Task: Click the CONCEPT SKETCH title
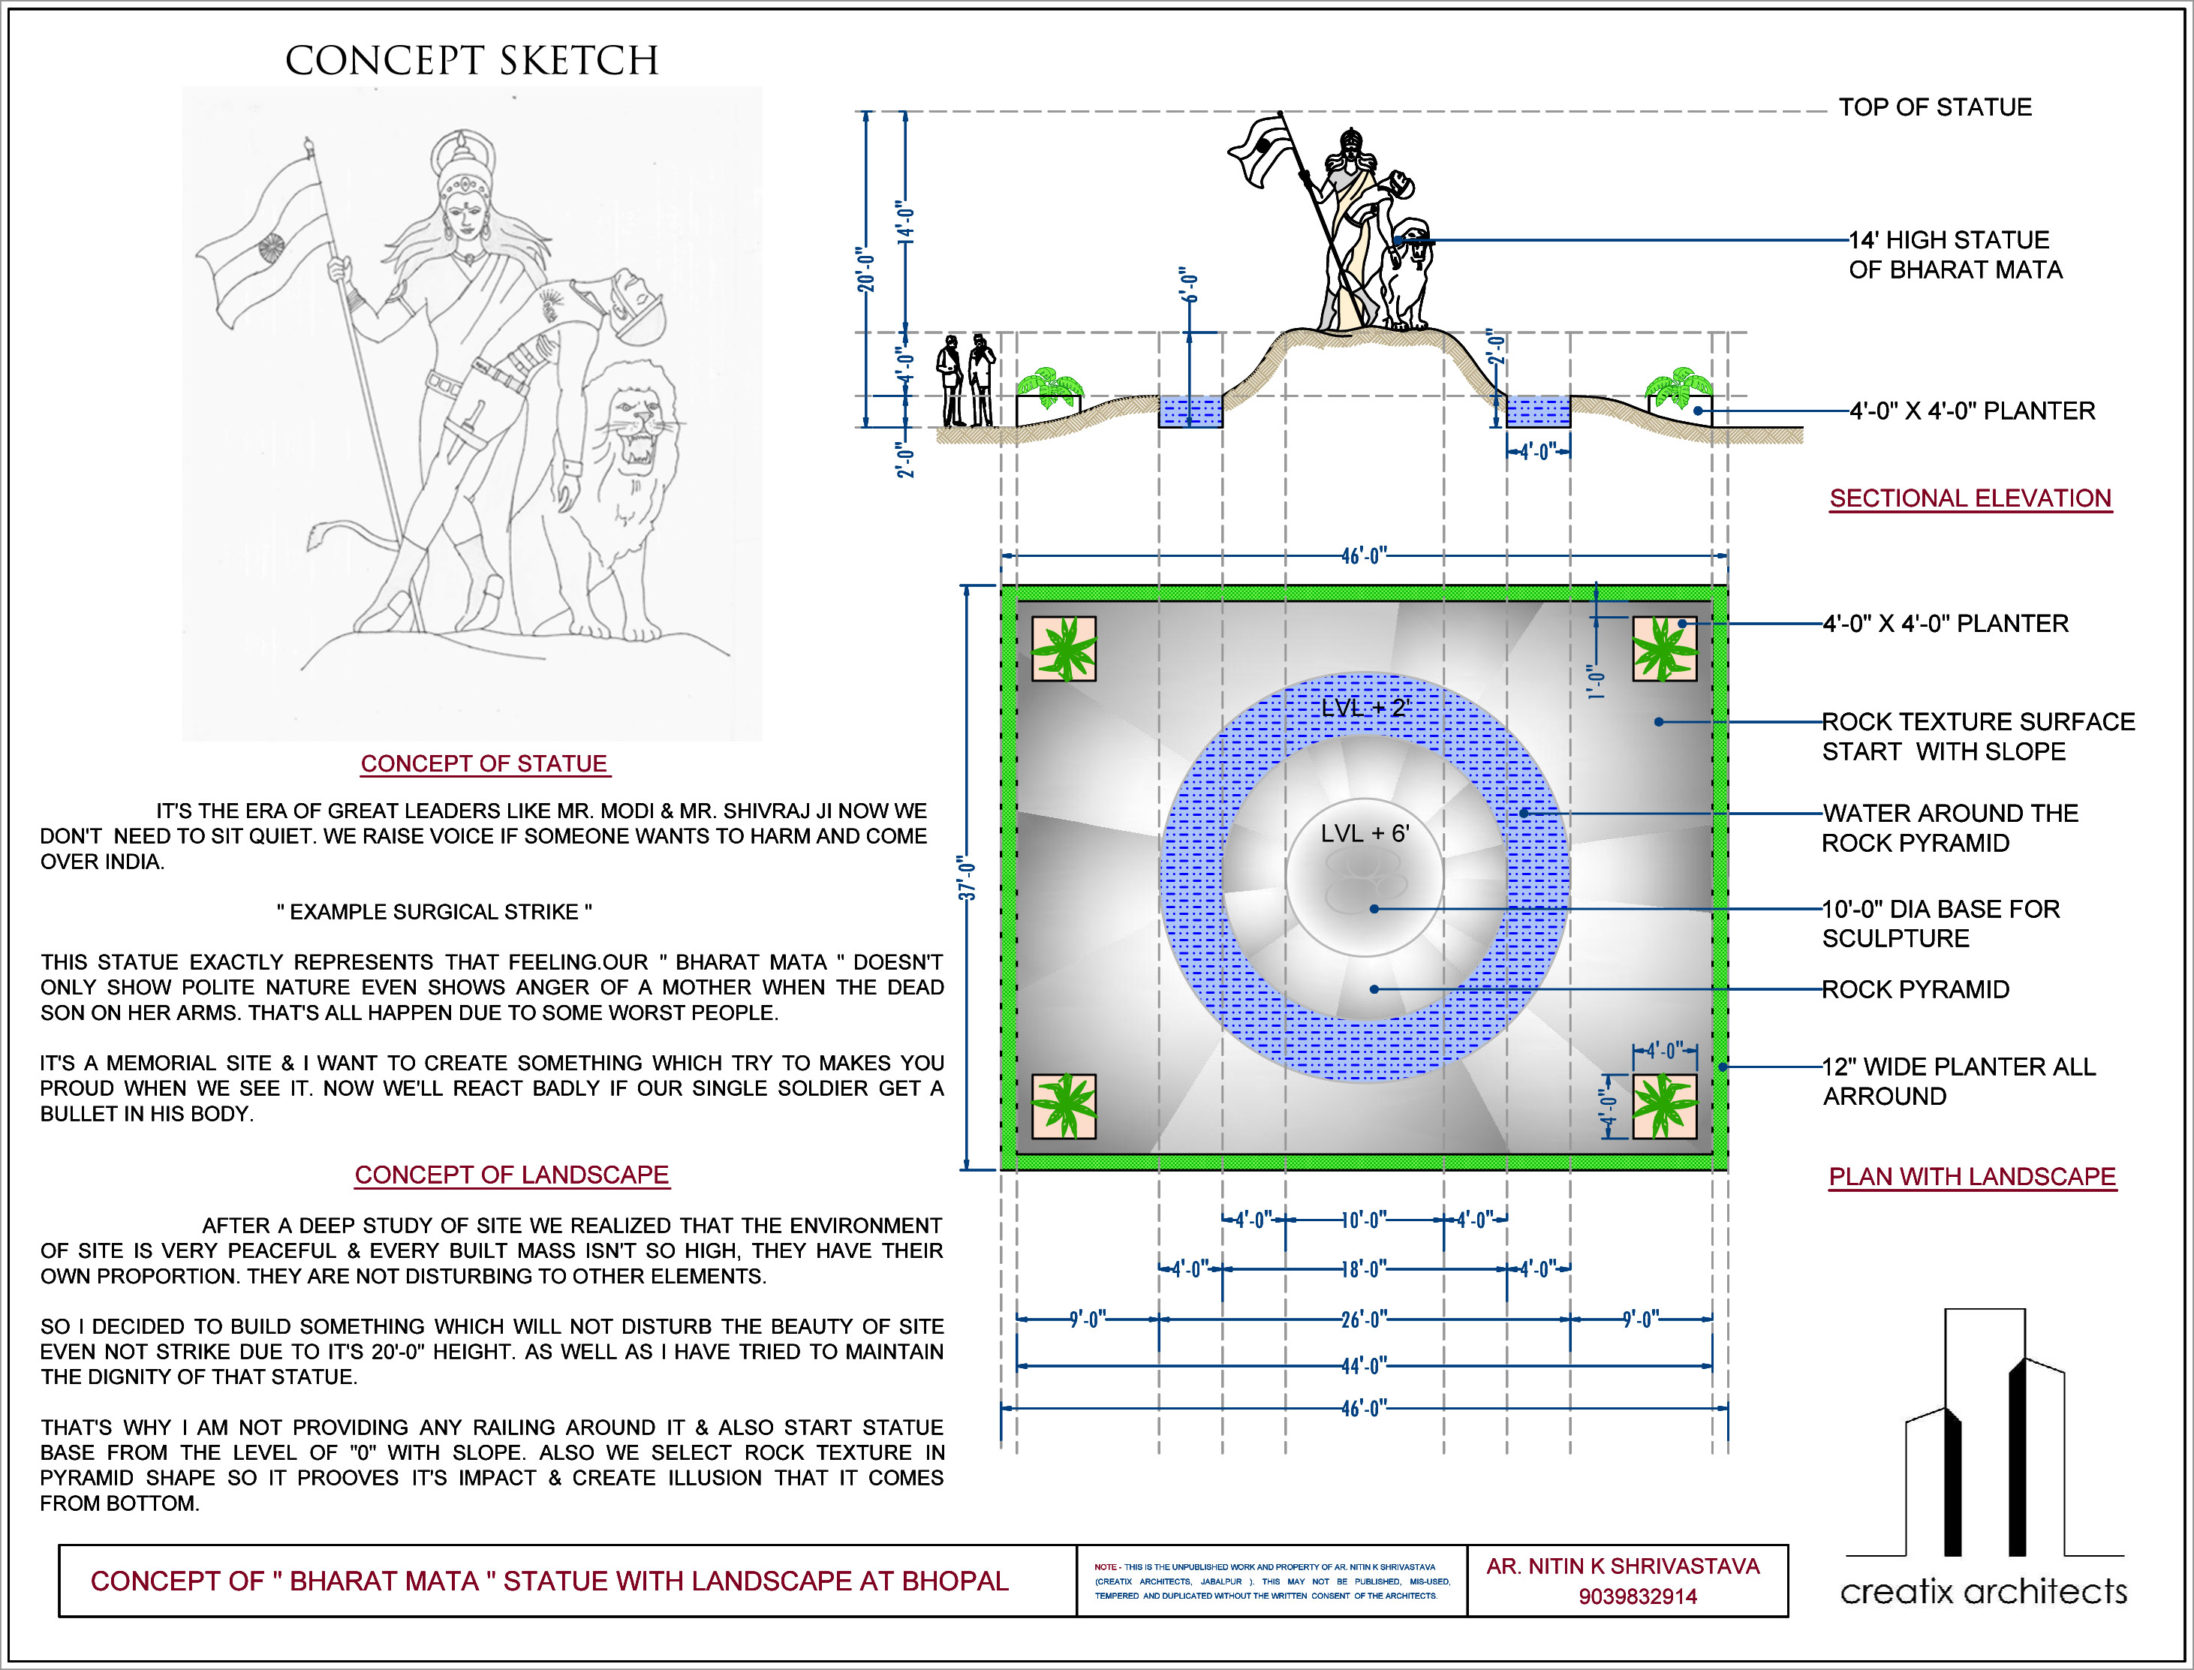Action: tap(471, 61)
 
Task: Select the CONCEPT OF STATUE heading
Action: tap(484, 763)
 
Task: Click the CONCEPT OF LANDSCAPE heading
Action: tap(511, 1174)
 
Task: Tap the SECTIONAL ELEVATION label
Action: tap(1970, 498)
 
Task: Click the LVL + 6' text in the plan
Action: tap(1365, 833)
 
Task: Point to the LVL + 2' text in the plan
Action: tap(1365, 708)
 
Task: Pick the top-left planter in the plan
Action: tap(1064, 649)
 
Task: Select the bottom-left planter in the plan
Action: tap(1064, 1106)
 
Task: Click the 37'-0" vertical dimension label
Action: tap(968, 877)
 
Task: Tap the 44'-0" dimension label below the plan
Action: tap(1363, 1366)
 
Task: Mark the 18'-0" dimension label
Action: tap(1363, 1269)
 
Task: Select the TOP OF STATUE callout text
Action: tap(1934, 107)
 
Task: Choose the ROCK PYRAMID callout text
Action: tap(1916, 989)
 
